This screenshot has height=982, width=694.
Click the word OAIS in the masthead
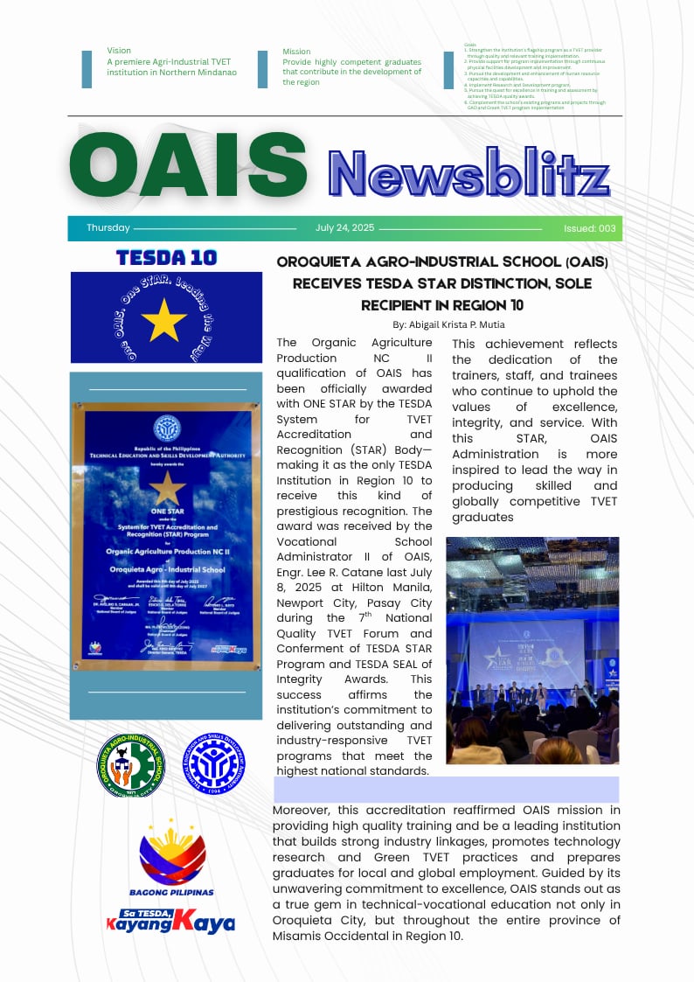point(187,168)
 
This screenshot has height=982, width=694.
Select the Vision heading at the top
point(119,51)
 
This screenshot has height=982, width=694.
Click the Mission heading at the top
point(296,52)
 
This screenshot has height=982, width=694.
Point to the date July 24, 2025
point(344,228)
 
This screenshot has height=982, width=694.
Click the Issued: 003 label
point(590,228)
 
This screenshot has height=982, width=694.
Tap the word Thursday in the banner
point(108,228)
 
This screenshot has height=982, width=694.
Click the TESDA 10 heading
point(166,257)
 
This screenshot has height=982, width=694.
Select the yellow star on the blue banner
point(164,319)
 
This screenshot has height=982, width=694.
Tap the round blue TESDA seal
point(213,763)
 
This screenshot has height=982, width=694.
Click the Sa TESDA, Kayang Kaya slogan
point(170,919)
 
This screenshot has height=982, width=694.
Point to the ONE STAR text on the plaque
point(167,512)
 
